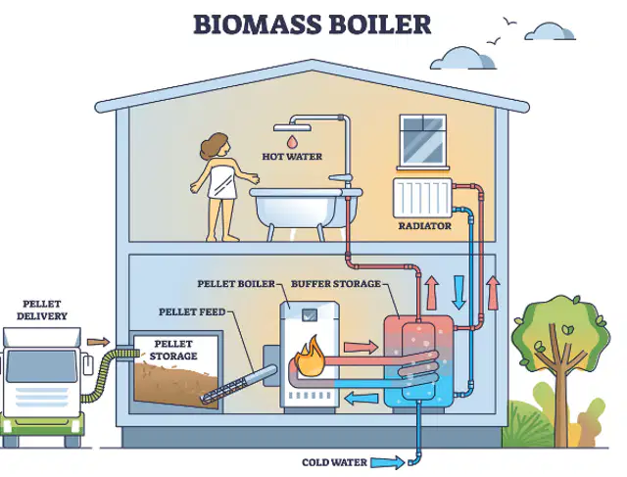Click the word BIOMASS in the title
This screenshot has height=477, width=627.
click(x=258, y=24)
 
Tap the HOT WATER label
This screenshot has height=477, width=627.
click(x=292, y=157)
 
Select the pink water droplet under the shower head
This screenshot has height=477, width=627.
click(x=292, y=141)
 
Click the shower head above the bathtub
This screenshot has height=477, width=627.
click(x=292, y=127)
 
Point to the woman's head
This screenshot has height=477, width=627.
click(x=216, y=146)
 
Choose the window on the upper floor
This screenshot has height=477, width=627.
click(x=422, y=142)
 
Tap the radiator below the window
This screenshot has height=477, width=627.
click(x=422, y=198)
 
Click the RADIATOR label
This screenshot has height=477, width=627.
click(x=424, y=226)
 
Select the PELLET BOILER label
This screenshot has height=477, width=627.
click(x=236, y=284)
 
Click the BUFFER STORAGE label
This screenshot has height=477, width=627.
click(x=335, y=284)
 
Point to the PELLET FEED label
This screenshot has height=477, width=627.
click(x=192, y=311)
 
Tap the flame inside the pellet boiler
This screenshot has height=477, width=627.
click(x=310, y=357)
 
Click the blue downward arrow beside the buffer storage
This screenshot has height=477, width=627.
click(x=459, y=292)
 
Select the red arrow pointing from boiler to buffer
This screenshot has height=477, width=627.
click(x=361, y=347)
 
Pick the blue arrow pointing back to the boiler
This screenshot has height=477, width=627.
click(x=362, y=399)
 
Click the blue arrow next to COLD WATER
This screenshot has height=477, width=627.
click(x=388, y=462)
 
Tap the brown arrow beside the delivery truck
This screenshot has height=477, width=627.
click(x=98, y=342)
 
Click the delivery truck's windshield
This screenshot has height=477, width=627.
click(x=41, y=366)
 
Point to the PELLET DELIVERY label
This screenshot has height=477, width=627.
click(x=41, y=310)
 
